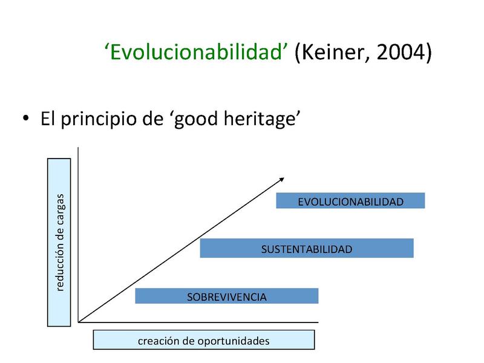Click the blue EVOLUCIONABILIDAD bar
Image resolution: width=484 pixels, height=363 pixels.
[x=350, y=201]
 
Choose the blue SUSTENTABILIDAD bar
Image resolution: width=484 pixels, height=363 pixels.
[x=306, y=248]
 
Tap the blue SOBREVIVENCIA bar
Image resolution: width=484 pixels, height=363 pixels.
[x=226, y=296]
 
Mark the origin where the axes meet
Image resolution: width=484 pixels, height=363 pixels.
[x=79, y=322]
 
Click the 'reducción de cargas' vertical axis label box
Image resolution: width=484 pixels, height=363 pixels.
[x=59, y=242]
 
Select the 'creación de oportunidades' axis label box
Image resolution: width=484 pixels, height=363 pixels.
[x=203, y=341]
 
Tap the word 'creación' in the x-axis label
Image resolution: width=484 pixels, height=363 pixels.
[x=155, y=341]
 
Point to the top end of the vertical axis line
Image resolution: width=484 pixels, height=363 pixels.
[x=79, y=148]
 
